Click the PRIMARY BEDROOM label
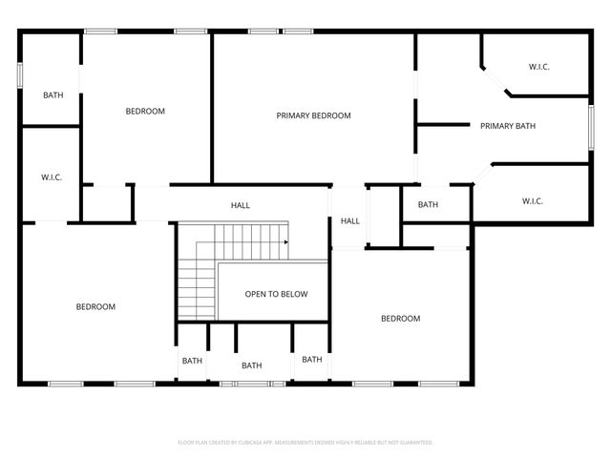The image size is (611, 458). click(313, 115)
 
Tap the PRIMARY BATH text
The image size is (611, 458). click(507, 125)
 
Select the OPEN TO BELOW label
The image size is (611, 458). click(276, 294)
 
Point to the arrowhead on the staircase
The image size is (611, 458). click(285, 242)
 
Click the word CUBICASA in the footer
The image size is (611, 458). click(258, 443)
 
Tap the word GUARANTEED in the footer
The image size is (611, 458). click(413, 443)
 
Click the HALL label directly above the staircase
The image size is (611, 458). click(240, 205)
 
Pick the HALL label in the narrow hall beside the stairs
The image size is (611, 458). click(350, 221)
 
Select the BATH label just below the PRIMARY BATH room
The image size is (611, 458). click(428, 204)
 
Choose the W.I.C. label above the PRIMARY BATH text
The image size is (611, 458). click(539, 67)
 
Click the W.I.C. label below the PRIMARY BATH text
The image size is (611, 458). click(532, 200)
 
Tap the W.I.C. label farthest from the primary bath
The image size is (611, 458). click(51, 177)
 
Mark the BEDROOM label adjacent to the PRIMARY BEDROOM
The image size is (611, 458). click(145, 111)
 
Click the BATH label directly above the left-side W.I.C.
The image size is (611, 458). click(53, 95)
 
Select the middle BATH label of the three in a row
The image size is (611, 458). click(251, 365)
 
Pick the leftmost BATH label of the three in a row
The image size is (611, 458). click(192, 361)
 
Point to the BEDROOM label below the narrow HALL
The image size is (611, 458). click(400, 319)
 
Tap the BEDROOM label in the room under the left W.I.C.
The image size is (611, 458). click(95, 306)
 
